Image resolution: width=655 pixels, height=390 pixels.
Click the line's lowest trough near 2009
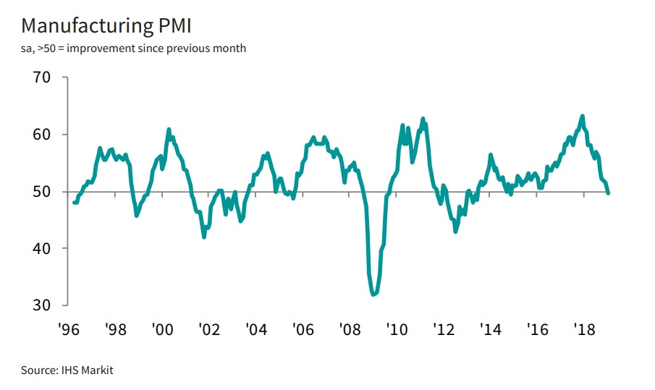(x=373, y=294)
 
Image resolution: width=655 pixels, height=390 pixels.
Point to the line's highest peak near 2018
(x=583, y=116)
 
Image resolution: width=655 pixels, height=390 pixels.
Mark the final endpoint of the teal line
(x=607, y=192)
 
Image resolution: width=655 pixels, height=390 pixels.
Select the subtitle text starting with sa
(x=134, y=48)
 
